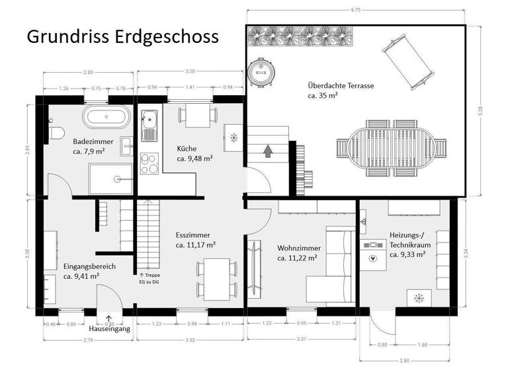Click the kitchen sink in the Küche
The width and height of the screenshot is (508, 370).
tap(148, 121)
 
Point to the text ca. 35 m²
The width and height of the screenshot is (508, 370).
tap(323, 96)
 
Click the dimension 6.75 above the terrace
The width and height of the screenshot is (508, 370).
tap(356, 10)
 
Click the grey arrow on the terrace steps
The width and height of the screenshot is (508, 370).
tap(267, 151)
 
